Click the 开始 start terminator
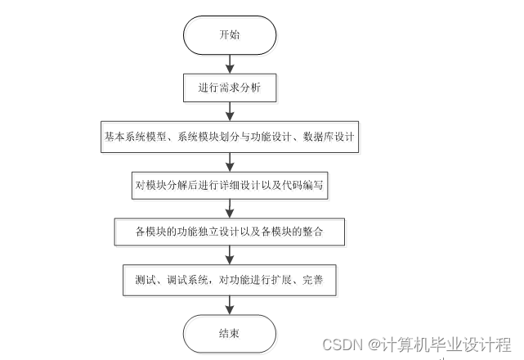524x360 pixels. (229, 35)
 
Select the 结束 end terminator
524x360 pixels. (229, 334)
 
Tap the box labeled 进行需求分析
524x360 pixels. (229, 85)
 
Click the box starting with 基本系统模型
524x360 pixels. (229, 136)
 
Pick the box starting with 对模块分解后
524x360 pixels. (229, 185)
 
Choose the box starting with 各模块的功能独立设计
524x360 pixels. (229, 232)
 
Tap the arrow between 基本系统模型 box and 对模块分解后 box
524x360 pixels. (230, 160)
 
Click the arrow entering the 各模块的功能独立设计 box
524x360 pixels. (230, 208)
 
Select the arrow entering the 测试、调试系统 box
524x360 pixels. (230, 255)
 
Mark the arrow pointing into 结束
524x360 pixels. (230, 304)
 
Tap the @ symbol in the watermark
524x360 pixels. (372, 344)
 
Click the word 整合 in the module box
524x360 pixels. (312, 232)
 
